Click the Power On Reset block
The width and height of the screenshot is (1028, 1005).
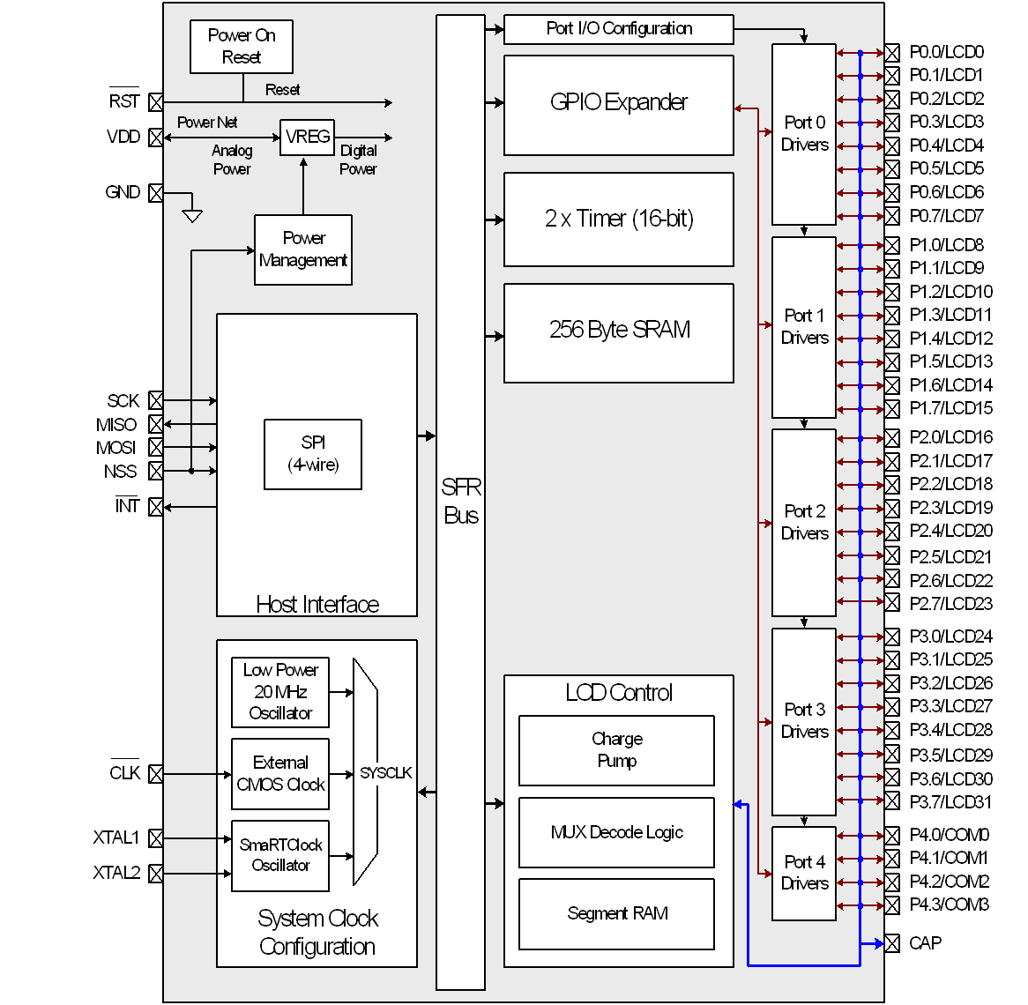pyautogui.click(x=241, y=47)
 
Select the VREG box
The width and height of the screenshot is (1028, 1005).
pyautogui.click(x=307, y=138)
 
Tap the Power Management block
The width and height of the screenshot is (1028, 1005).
pyautogui.click(x=303, y=249)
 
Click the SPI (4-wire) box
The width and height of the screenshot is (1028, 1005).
pyautogui.click(x=313, y=454)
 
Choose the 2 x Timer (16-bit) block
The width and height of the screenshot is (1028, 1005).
pyautogui.click(x=618, y=220)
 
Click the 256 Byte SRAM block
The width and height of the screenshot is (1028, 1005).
pyautogui.click(x=618, y=332)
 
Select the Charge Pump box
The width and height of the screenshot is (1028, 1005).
pyautogui.click(x=616, y=750)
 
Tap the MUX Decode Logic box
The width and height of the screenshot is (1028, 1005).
pyautogui.click(x=616, y=832)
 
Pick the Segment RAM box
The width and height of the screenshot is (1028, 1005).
pyautogui.click(x=616, y=914)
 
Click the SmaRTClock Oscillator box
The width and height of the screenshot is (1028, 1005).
pyautogui.click(x=280, y=855)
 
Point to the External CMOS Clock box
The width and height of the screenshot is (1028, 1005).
pyautogui.click(x=280, y=774)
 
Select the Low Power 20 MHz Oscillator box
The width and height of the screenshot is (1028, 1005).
pyautogui.click(x=280, y=692)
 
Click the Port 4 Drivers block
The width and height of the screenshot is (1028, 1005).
pyautogui.click(x=804, y=874)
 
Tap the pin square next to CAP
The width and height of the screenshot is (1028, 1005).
pyautogui.click(x=892, y=943)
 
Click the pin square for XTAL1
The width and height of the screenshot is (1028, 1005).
pyautogui.click(x=156, y=837)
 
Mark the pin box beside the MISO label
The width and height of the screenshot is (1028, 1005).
pyautogui.click(x=156, y=425)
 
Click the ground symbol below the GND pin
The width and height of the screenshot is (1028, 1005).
pyautogui.click(x=192, y=215)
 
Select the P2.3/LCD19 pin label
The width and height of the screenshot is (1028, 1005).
pyautogui.click(x=950, y=508)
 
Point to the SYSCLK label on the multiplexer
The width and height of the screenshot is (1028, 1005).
pyautogui.click(x=385, y=773)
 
